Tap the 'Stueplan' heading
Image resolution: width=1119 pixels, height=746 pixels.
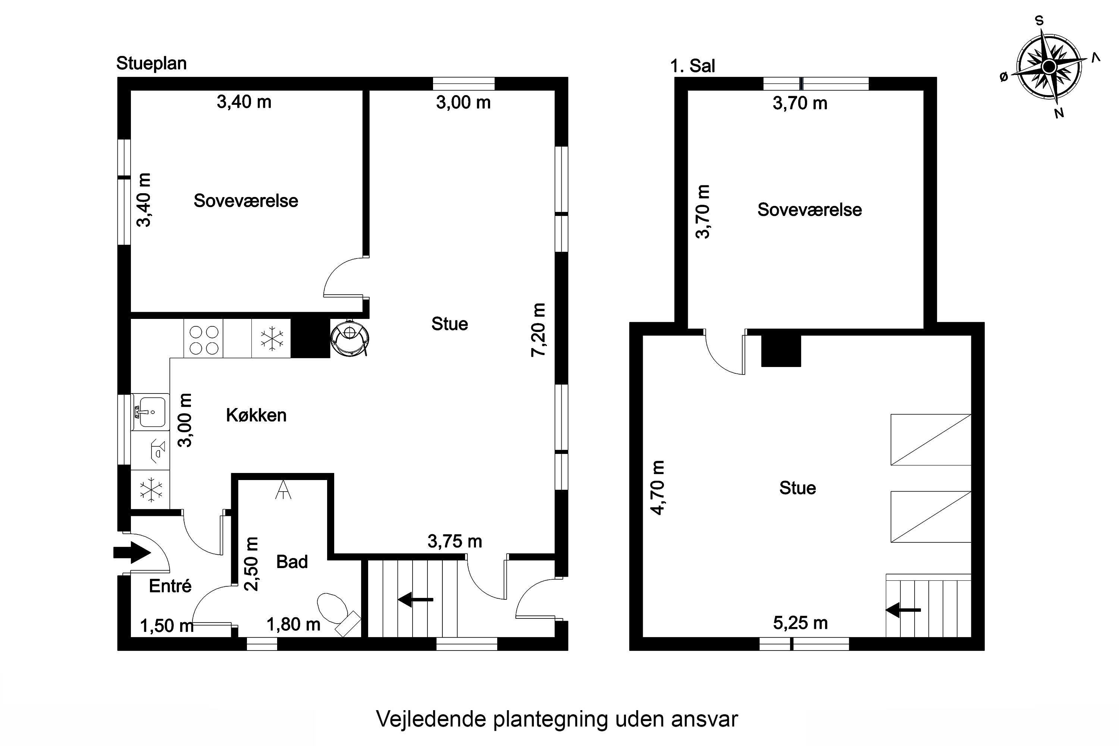coord(151,63)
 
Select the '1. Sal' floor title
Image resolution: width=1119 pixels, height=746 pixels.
coord(692,66)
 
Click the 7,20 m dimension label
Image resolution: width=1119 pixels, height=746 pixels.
coord(539,330)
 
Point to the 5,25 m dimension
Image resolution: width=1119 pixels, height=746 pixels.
coord(800,623)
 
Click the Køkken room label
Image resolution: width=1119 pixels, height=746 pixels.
coord(257,416)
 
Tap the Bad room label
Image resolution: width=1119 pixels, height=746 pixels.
coord(292,562)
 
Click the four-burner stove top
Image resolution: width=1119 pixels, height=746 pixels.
coord(204,340)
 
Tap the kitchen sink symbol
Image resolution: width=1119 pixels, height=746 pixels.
coord(150,412)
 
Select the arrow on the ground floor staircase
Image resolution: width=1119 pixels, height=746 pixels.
coord(416,599)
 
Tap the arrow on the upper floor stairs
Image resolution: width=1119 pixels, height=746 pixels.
coord(903,610)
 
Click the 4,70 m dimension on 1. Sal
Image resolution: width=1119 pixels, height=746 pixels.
coord(658,488)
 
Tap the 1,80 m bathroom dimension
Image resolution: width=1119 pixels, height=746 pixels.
coord(294,624)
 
